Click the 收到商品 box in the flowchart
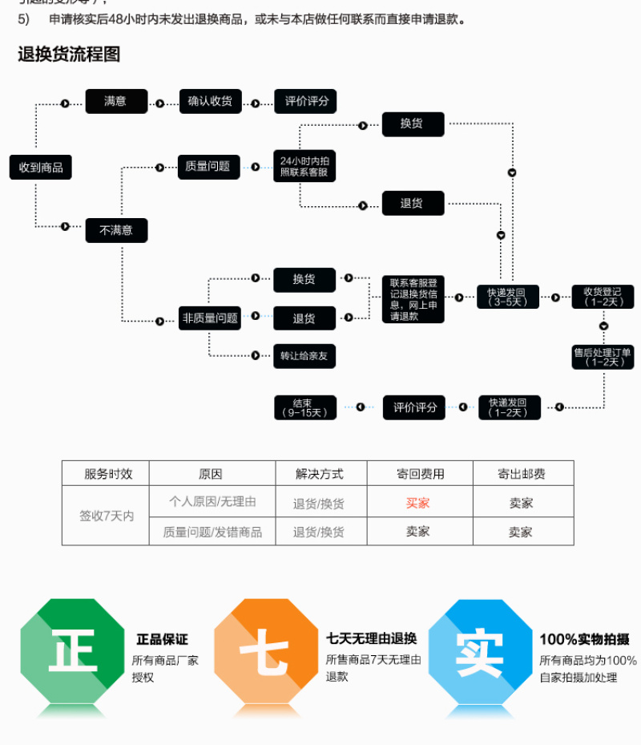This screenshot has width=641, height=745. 41,168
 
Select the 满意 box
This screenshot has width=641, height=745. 116,101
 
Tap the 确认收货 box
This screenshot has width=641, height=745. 210,101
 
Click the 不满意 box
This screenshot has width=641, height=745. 116,230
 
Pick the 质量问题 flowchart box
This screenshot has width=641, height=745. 208,166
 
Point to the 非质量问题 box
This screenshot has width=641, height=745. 210,318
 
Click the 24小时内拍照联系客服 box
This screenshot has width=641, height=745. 304,167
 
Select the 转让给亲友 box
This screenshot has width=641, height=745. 304,355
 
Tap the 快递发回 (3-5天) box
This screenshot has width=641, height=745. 507,297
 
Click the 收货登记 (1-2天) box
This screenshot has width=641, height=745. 603,297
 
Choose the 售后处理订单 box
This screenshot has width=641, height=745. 603,356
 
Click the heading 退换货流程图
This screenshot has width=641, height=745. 69,55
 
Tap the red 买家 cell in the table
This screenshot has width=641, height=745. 417,503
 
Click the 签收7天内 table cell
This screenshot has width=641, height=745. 107,516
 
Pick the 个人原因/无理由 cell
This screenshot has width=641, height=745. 212,502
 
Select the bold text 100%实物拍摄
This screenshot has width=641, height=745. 584,639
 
